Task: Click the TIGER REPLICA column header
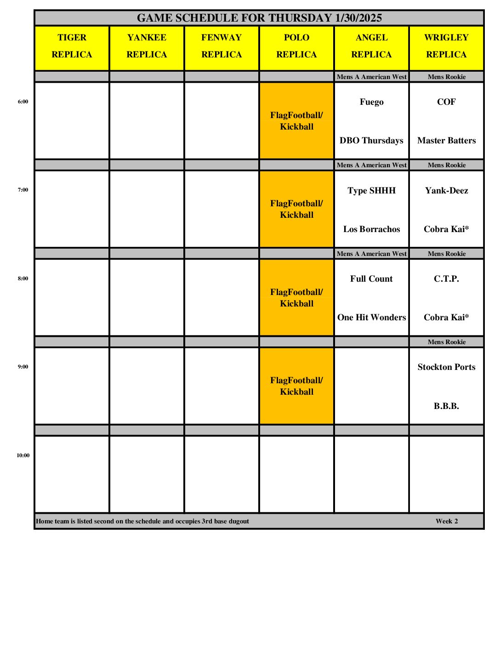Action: pyautogui.click(x=72, y=46)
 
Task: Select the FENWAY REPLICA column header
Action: pyautogui.click(x=222, y=46)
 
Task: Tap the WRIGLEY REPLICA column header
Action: pyautogui.click(x=446, y=46)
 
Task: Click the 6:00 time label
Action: pyautogui.click(x=23, y=102)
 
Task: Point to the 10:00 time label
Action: pyautogui.click(x=23, y=455)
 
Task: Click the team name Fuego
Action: pyautogui.click(x=371, y=102)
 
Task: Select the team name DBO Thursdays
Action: pyautogui.click(x=371, y=141)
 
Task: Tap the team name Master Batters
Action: pyautogui.click(x=446, y=141)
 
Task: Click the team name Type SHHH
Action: pyautogui.click(x=371, y=191)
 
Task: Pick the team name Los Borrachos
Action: pyautogui.click(x=371, y=229)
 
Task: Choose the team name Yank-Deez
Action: pyautogui.click(x=446, y=191)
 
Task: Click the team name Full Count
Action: pyautogui.click(x=371, y=279)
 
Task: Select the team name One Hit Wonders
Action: pyautogui.click(x=371, y=318)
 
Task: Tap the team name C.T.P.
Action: pyautogui.click(x=446, y=279)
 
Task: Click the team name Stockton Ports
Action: pyautogui.click(x=446, y=367)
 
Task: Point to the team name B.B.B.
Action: pyautogui.click(x=446, y=406)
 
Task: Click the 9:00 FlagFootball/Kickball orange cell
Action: pyautogui.click(x=296, y=386)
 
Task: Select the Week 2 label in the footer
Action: pyautogui.click(x=447, y=521)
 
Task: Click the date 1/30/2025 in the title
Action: pyautogui.click(x=358, y=18)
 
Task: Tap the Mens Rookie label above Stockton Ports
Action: pyautogui.click(x=446, y=342)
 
